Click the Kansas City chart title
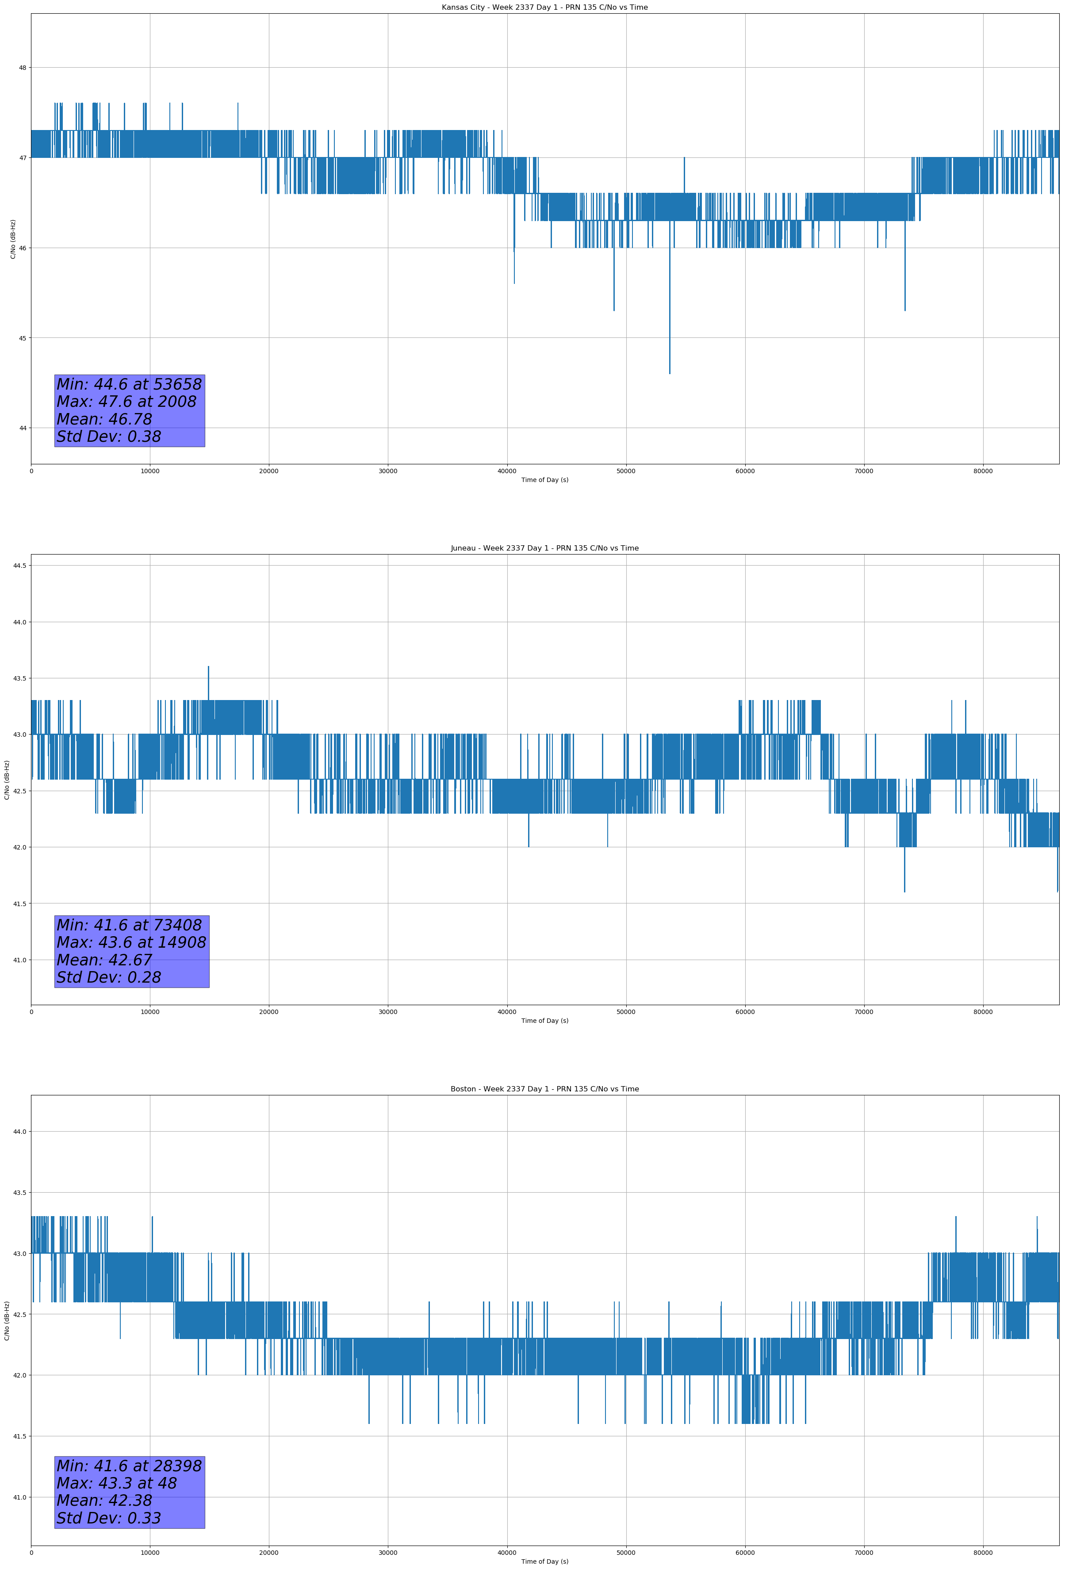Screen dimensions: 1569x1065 [544, 8]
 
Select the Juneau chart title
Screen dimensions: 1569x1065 [544, 548]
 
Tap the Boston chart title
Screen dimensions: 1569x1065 [544, 1089]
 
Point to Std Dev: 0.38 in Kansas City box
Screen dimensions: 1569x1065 [109, 437]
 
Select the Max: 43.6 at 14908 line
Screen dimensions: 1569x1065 [131, 942]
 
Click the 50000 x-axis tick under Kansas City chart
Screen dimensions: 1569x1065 [626, 471]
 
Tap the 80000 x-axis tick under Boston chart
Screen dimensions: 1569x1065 [983, 1553]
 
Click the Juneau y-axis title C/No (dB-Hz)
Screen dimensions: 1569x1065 [7, 780]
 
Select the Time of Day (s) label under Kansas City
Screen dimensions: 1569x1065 [544, 480]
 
